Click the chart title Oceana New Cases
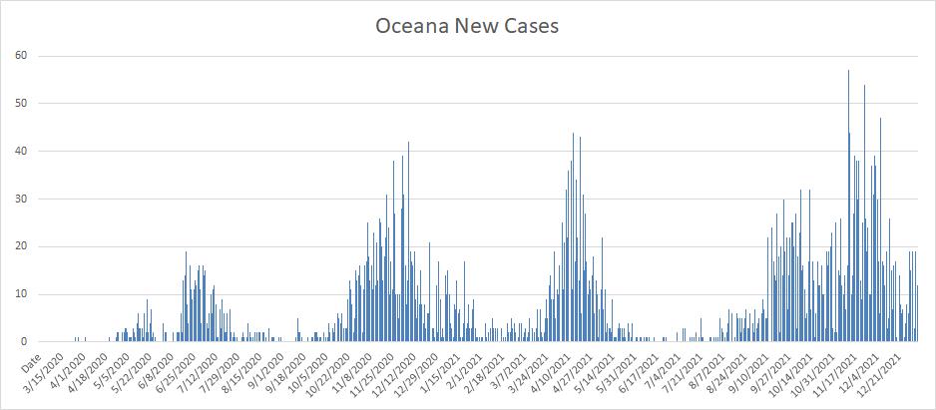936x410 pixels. coord(467,26)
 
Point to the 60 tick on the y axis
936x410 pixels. coord(19,56)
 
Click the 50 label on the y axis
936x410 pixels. coord(19,104)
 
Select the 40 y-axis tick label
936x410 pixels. coord(19,152)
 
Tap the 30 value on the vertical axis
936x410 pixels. coord(19,199)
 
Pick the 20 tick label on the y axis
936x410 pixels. coord(19,246)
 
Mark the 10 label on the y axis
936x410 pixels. coord(19,294)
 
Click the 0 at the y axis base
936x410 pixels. coord(23,342)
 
